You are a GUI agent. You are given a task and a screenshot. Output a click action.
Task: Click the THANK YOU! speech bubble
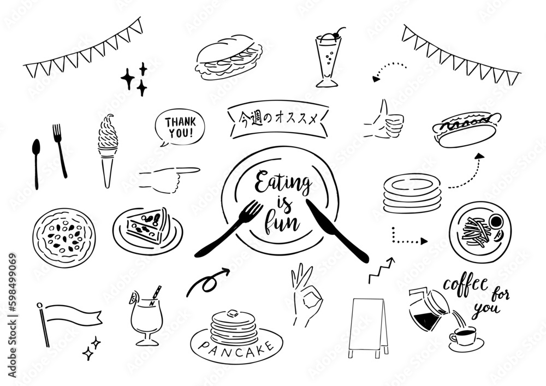click(x=180, y=128)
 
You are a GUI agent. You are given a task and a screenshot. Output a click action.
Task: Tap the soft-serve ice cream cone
click(x=107, y=151)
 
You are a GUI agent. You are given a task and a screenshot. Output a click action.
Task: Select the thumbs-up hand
click(x=384, y=120)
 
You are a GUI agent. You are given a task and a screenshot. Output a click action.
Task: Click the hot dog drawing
click(x=466, y=129)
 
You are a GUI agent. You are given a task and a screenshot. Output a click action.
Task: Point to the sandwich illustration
click(x=229, y=57)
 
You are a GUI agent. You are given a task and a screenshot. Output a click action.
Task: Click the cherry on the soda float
click(x=336, y=35)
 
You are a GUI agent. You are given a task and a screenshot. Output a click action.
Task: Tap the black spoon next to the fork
click(x=36, y=164)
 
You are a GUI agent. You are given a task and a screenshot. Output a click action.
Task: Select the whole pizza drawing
click(x=64, y=237)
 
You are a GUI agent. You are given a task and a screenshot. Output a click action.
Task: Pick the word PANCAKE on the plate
click(x=236, y=349)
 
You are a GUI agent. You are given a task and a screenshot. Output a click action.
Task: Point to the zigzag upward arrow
click(x=382, y=270)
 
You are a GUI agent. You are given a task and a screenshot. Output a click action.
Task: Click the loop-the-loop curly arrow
click(x=208, y=282)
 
